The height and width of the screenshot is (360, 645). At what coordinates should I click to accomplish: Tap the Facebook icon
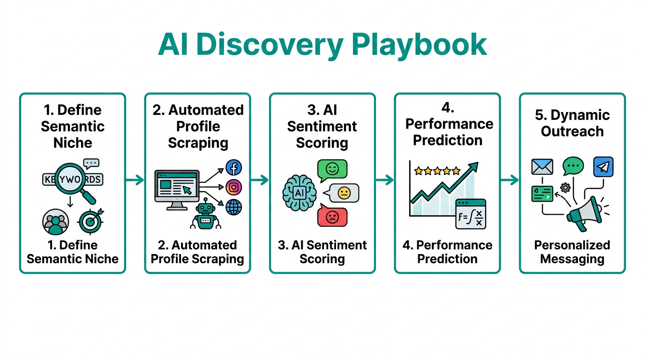233,167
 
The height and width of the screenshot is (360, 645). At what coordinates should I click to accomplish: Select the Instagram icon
233,187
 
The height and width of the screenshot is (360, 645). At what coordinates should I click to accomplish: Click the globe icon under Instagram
233,207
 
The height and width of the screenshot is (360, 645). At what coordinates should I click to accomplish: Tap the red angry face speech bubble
332,216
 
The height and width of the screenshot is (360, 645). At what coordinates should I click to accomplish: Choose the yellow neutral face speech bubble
343,193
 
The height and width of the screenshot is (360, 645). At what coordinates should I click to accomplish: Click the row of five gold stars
437,171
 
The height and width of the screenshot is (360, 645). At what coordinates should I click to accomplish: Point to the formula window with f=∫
471,214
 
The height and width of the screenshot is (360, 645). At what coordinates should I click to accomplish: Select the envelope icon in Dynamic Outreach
542,167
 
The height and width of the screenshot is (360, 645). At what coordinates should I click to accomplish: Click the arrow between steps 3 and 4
384,180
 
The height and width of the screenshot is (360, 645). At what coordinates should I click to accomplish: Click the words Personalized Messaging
572,252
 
